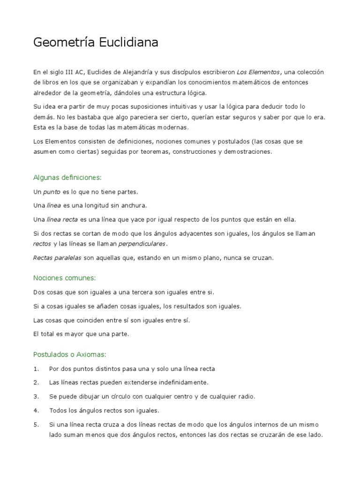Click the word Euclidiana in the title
pyautogui.click(x=128, y=43)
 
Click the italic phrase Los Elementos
pyautogui.click(x=258, y=72)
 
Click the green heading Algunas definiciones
pyautogui.click(x=67, y=178)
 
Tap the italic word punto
pyautogui.click(x=52, y=192)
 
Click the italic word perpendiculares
pyautogui.click(x=142, y=244)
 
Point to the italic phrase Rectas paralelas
pyautogui.click(x=57, y=257)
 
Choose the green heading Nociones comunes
pyautogui.click(x=64, y=278)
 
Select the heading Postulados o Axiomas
pyautogui.click(x=70, y=354)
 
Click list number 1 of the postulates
pyautogui.click(x=36, y=369)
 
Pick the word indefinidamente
pyautogui.click(x=178, y=382)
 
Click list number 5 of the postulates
pyautogui.click(x=36, y=425)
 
